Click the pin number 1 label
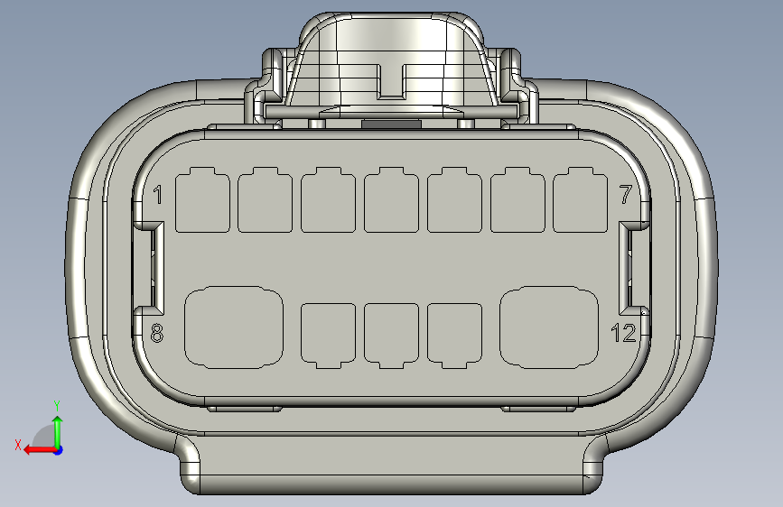tap(158, 195)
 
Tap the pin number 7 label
tap(626, 195)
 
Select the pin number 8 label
tap(157, 333)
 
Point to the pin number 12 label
tap(624, 333)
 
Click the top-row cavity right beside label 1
tap(202, 200)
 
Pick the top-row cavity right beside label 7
tap(581, 200)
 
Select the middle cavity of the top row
tap(392, 200)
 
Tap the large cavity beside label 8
tap(234, 327)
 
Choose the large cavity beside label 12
tap(549, 327)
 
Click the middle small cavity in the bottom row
tap(392, 336)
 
